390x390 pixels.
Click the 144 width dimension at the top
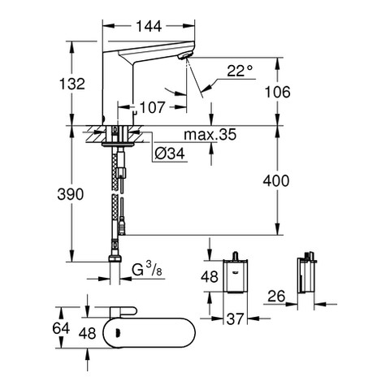[x=149, y=26]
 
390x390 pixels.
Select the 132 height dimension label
[x=72, y=84]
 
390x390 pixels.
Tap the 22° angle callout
[x=240, y=71]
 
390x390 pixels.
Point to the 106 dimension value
[x=277, y=92]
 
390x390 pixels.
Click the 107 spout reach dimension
[x=152, y=107]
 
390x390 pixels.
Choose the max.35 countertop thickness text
[x=210, y=135]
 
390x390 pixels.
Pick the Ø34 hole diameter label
[x=170, y=154]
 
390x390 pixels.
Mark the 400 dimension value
[x=276, y=180]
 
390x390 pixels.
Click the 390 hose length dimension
[x=71, y=194]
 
